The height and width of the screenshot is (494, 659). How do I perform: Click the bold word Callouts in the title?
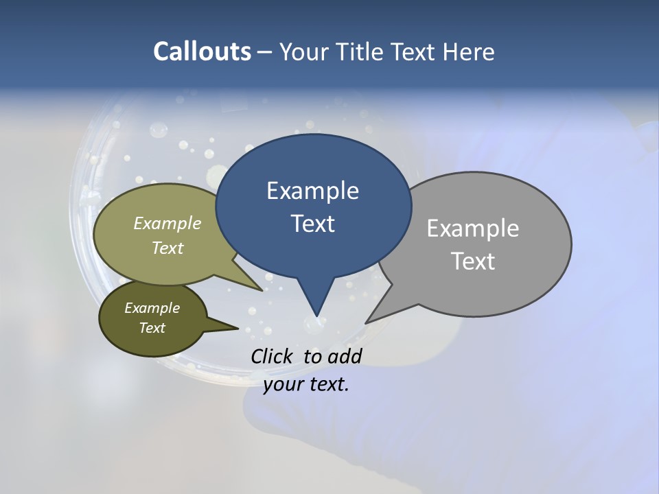click(x=202, y=51)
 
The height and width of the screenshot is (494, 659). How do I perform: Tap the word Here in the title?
click(x=470, y=51)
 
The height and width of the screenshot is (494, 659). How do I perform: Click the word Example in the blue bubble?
click(x=312, y=190)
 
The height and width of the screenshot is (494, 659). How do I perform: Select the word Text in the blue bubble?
click(x=312, y=223)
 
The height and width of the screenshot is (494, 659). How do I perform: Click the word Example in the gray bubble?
click(x=472, y=228)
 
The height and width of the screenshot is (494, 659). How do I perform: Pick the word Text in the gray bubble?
click(x=472, y=261)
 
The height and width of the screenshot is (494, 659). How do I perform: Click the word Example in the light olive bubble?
click(x=167, y=223)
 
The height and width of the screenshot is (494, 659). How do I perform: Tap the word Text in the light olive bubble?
click(x=167, y=248)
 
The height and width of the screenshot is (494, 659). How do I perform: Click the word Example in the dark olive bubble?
click(x=152, y=308)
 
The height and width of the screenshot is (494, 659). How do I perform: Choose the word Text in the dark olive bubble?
click(x=152, y=328)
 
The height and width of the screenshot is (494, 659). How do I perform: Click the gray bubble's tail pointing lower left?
click(x=371, y=319)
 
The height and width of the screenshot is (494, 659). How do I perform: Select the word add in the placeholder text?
click(x=345, y=356)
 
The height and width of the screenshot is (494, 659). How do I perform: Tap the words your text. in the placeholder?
click(x=306, y=384)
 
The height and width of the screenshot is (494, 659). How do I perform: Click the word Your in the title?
click(x=303, y=51)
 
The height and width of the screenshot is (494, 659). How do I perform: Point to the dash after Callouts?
click(x=265, y=51)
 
